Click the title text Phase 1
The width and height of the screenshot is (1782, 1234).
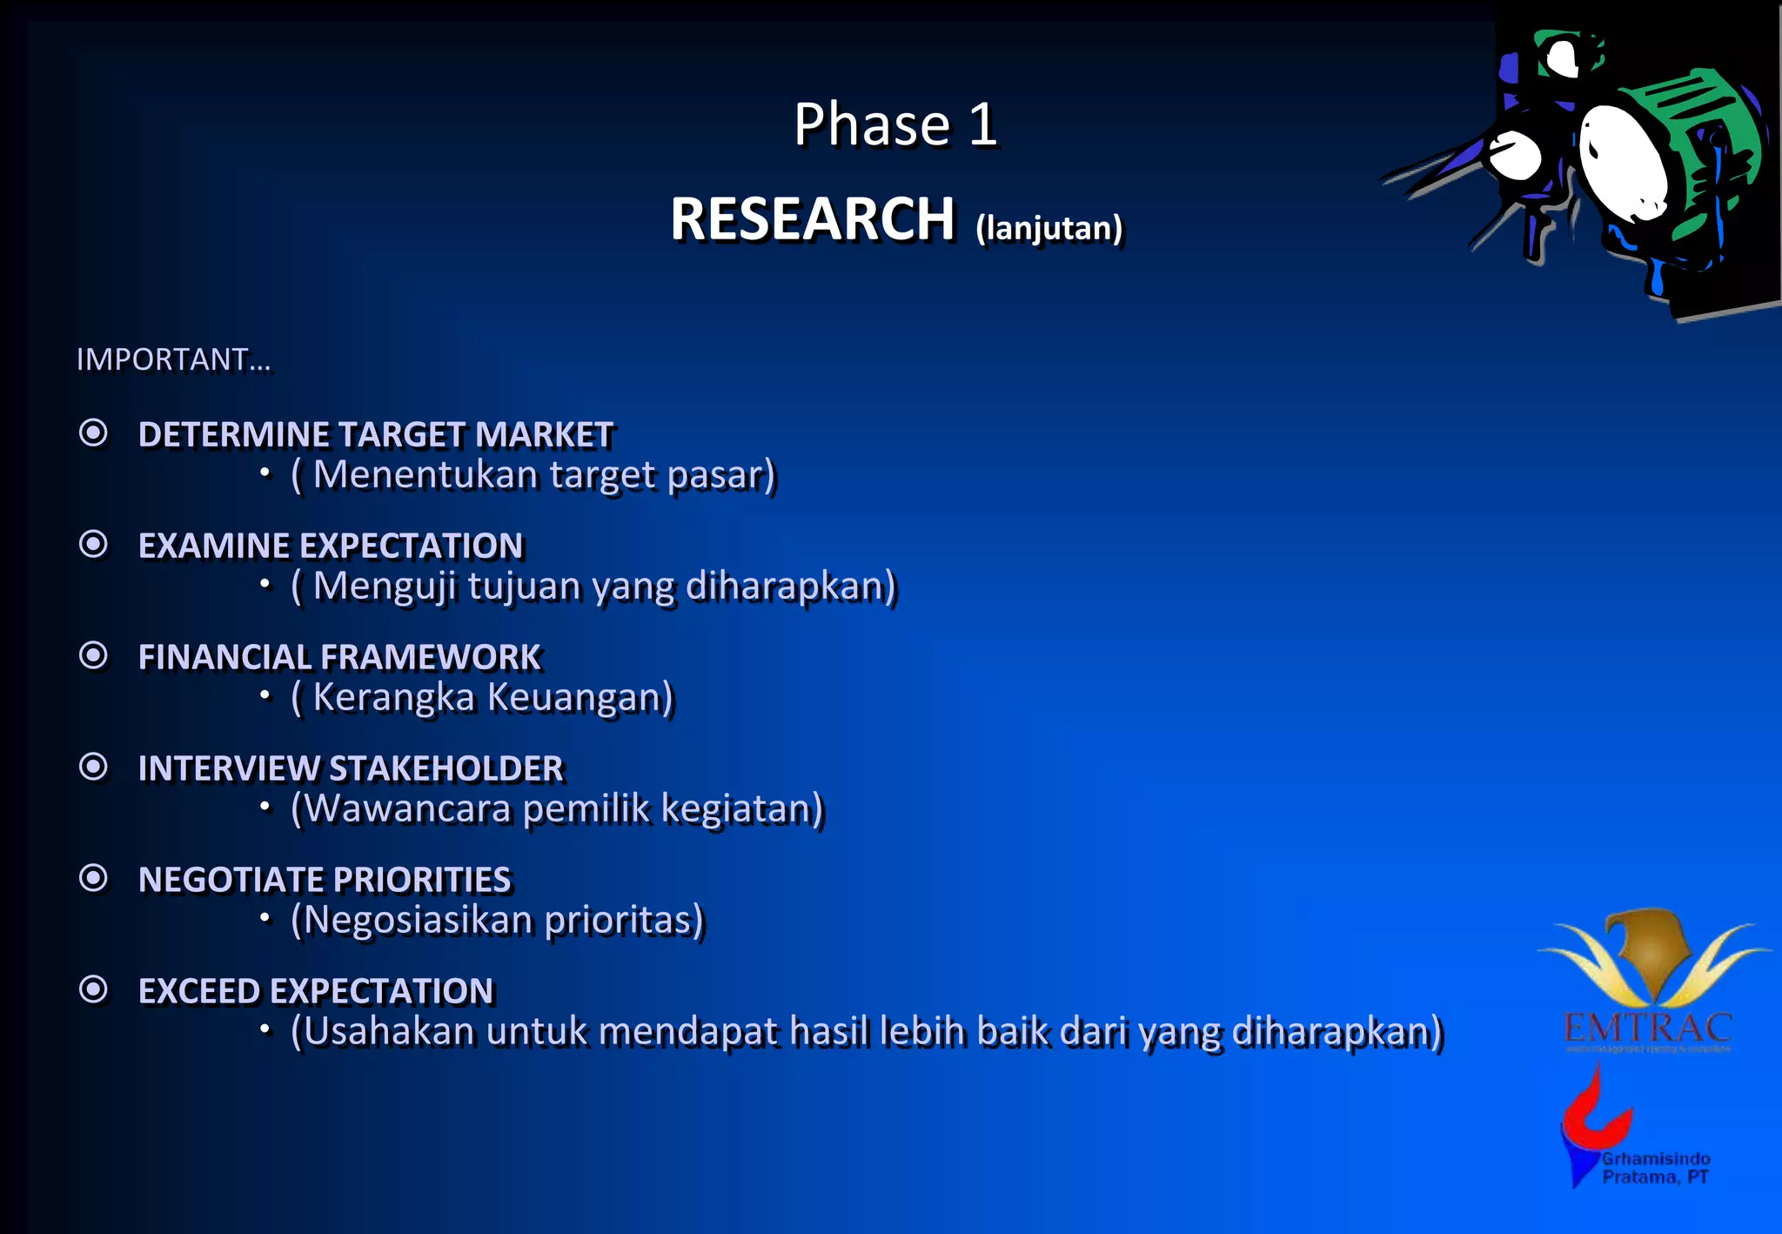coord(894,124)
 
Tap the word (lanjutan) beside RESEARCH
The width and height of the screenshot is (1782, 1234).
coord(1048,228)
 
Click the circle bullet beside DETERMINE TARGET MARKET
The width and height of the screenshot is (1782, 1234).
coord(93,433)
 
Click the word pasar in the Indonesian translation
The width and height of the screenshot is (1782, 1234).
coord(720,475)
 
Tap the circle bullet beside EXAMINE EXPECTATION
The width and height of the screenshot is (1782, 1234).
coord(93,544)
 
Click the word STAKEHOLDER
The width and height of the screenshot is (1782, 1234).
coord(446,768)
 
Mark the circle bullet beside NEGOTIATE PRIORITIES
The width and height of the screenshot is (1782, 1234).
coord(93,878)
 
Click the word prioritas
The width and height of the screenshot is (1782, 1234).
coord(623,920)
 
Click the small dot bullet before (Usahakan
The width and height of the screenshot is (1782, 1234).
coord(265,1030)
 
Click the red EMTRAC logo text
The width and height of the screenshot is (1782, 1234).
coord(1648,1028)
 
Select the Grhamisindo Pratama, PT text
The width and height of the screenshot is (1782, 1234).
coord(1656,1168)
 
